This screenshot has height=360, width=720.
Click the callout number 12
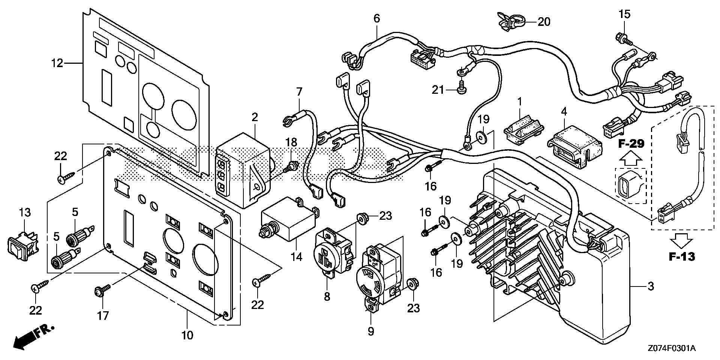coord(57,63)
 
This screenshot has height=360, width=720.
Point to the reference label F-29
coord(631,144)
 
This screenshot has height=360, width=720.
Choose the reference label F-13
coord(682,256)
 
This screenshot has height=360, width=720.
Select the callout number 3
coord(651,286)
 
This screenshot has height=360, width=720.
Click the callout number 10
coord(187,335)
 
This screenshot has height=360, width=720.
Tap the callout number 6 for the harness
coord(376,18)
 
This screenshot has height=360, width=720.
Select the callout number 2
coord(255,117)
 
